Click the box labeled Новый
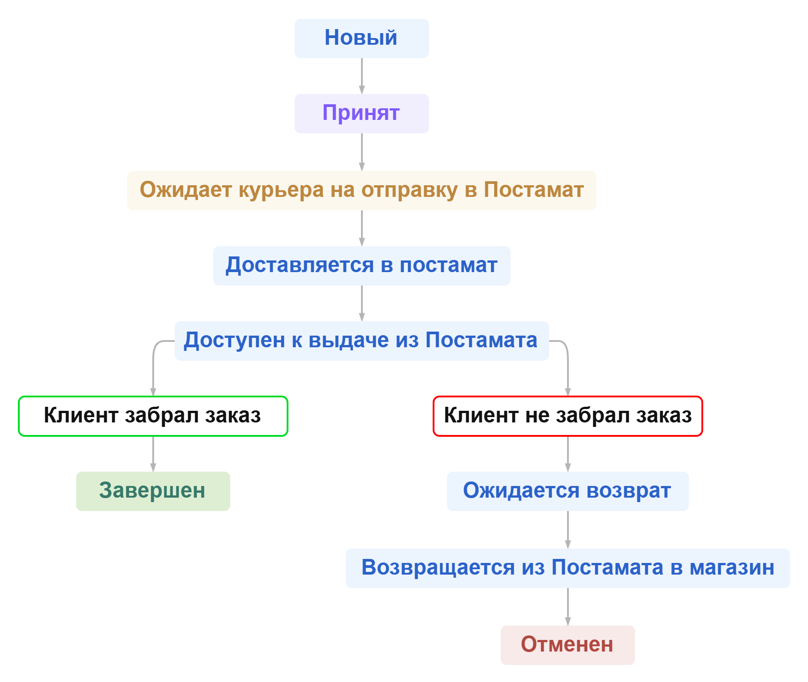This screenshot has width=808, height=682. point(361,38)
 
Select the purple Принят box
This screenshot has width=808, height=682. point(361,113)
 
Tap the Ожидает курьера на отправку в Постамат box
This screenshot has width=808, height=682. point(361,190)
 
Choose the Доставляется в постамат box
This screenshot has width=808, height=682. point(361,265)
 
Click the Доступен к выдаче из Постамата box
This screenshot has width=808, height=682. point(361,341)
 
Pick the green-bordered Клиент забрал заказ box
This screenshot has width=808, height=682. point(153,416)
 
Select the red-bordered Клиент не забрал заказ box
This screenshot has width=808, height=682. point(567,416)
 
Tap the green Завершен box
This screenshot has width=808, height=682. point(153,491)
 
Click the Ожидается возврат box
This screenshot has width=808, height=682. point(567,491)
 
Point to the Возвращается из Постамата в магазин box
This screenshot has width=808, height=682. point(567,568)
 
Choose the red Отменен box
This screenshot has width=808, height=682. point(567,645)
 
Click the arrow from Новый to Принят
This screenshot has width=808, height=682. point(362,76)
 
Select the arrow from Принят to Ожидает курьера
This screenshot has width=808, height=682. point(362,152)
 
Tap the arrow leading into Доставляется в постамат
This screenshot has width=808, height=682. point(362,228)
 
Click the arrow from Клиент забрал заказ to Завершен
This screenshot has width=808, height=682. point(153,454)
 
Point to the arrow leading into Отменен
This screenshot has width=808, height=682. point(568,607)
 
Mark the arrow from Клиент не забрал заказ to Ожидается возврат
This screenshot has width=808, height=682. point(568,454)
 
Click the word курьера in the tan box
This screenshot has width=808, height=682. point(281,190)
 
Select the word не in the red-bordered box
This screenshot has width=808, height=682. point(537,416)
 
